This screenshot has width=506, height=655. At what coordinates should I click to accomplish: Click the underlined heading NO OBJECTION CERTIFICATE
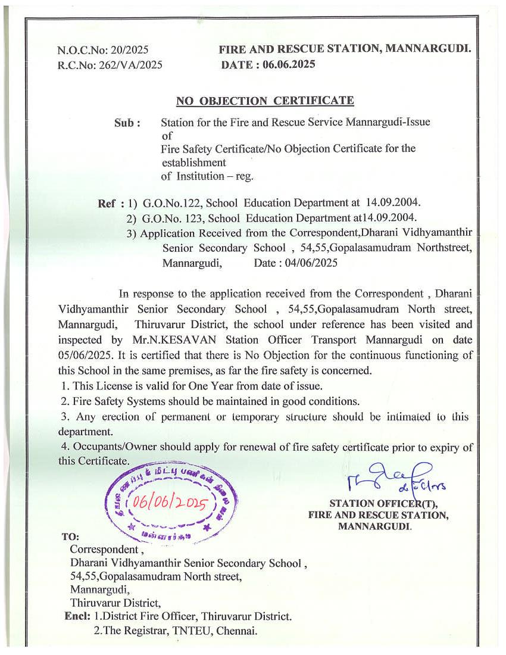265,101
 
